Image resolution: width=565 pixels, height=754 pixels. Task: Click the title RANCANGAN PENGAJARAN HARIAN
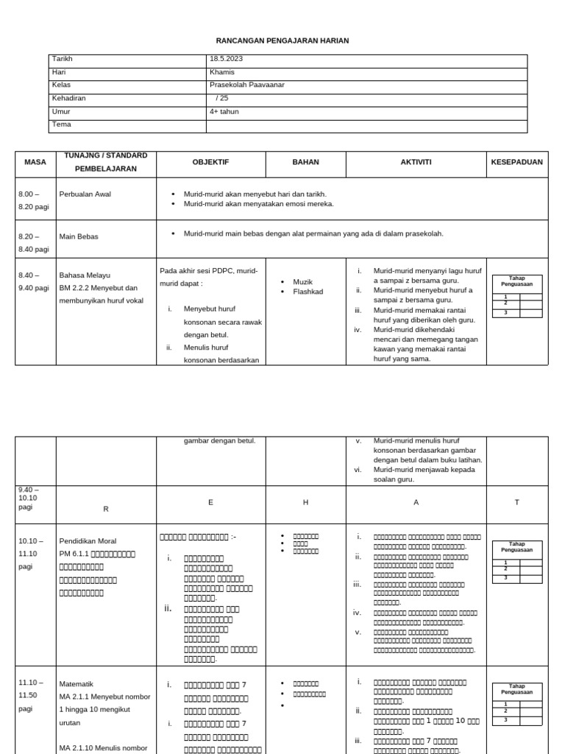[282, 40]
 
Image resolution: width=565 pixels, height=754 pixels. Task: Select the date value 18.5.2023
[227, 59]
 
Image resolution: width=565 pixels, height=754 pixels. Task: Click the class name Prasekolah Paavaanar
[246, 85]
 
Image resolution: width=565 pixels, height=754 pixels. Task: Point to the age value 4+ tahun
[224, 112]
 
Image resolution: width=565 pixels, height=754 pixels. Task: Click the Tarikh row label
[62, 59]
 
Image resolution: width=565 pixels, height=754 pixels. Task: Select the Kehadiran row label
[68, 99]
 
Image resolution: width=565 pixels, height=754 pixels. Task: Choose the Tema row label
[61, 124]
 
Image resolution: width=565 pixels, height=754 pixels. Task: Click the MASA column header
[35, 162]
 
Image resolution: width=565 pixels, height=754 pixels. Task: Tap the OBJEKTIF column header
[211, 162]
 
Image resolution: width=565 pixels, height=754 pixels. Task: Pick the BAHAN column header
[305, 162]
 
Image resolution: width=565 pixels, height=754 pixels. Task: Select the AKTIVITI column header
[416, 162]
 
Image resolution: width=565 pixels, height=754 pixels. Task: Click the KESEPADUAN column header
[517, 162]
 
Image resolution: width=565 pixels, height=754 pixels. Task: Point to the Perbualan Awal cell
[85, 194]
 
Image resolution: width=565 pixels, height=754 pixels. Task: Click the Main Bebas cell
[79, 236]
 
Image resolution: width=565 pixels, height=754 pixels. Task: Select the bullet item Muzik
[303, 282]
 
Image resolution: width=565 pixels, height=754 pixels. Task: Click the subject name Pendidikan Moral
[88, 541]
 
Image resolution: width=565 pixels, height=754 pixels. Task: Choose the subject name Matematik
[77, 684]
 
